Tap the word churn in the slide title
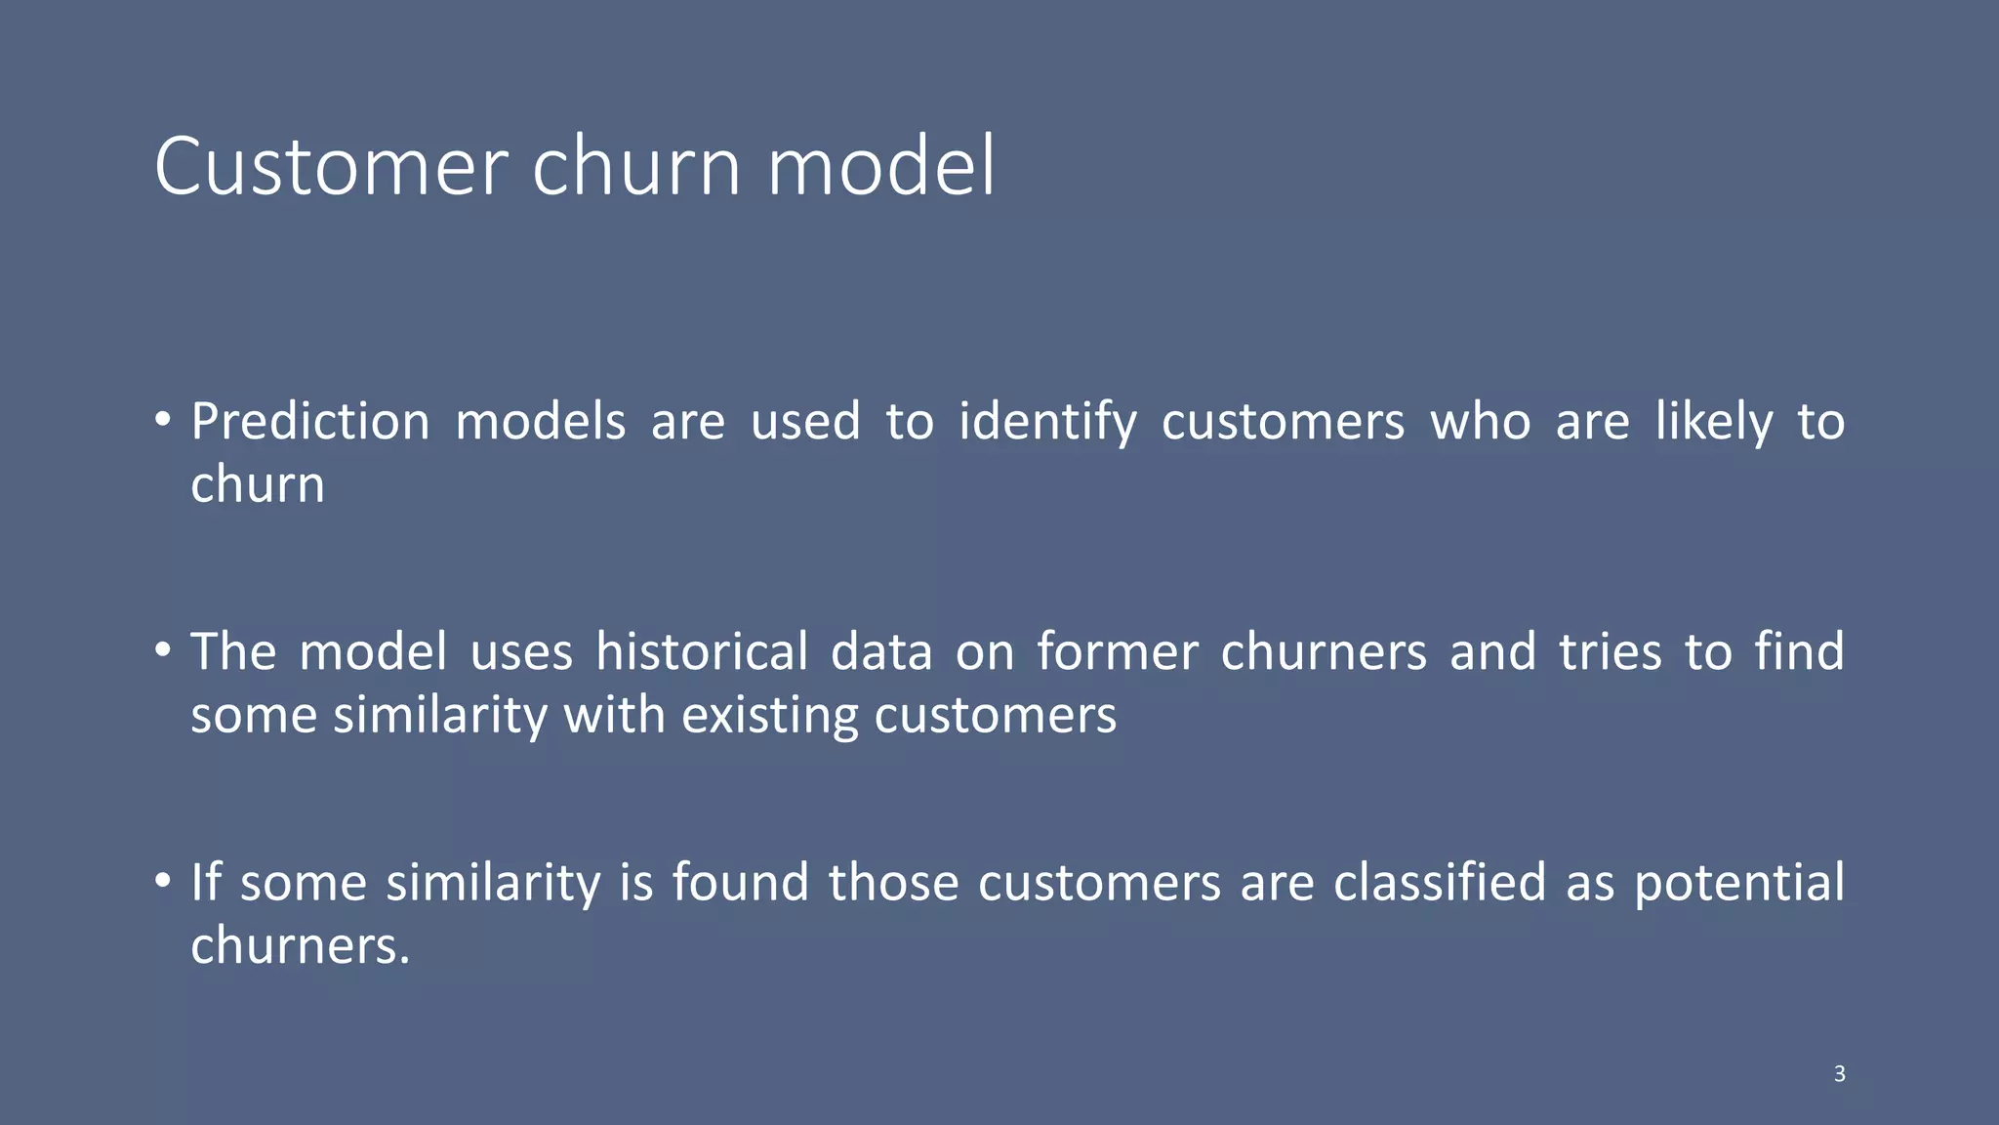click(x=636, y=167)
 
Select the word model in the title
click(x=881, y=167)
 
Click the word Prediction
click(x=310, y=423)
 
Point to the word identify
click(x=1047, y=423)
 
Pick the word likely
click(x=1714, y=423)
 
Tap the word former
click(x=1117, y=652)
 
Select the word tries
click(x=1610, y=652)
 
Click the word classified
click(x=1440, y=883)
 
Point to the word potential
click(x=1739, y=883)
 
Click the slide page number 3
click(x=1839, y=1074)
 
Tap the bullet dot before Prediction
click(x=163, y=420)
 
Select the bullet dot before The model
click(x=163, y=649)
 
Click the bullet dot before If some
click(x=163, y=880)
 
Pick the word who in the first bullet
click(x=1480, y=423)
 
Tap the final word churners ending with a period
click(x=300, y=946)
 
